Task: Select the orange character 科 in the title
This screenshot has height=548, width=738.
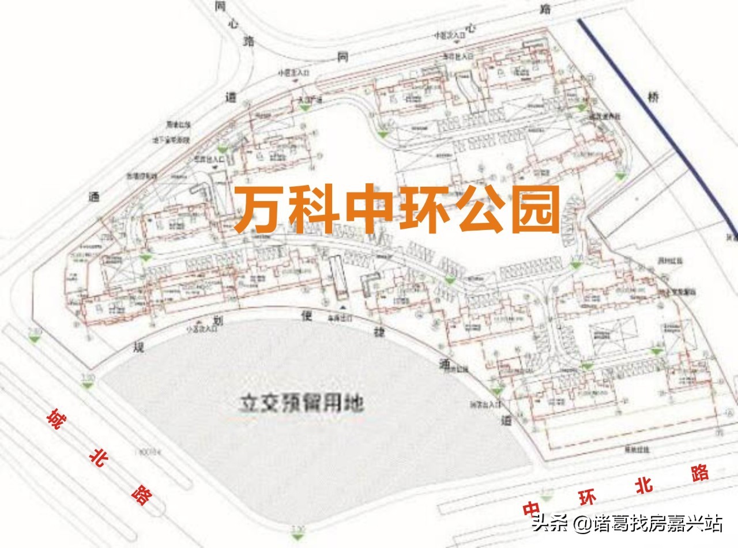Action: click(314, 209)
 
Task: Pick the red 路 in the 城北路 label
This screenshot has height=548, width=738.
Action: click(140, 494)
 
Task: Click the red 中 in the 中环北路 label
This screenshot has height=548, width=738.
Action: click(532, 508)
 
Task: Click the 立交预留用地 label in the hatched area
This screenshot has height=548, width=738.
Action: click(302, 403)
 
